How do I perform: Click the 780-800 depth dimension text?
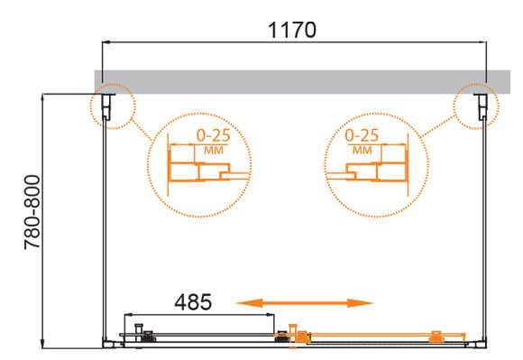point(31,219)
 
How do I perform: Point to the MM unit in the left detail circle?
point(214,151)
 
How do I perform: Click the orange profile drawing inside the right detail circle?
point(379,171)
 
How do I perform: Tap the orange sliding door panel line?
point(370,339)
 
